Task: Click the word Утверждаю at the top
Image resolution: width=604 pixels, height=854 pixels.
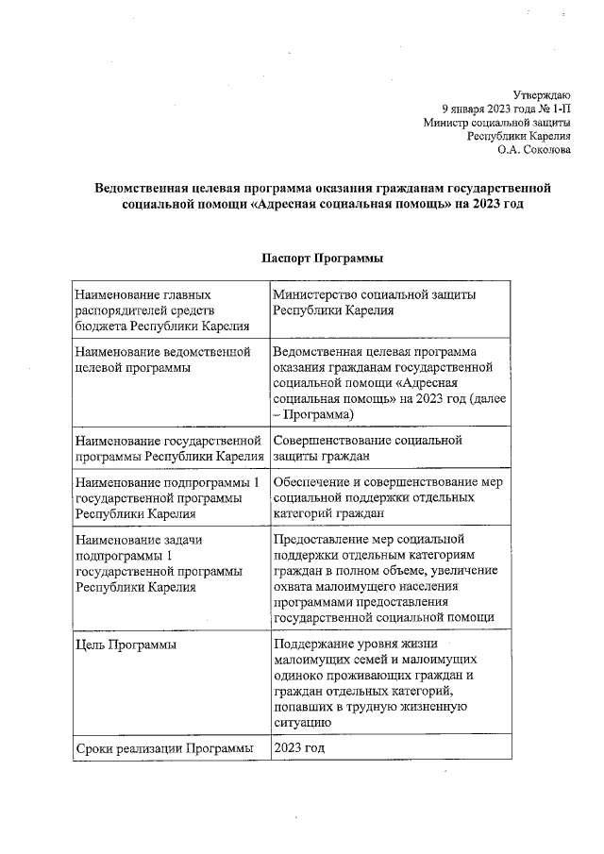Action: (x=541, y=94)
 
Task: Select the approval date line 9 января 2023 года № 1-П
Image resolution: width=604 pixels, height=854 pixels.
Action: (x=506, y=109)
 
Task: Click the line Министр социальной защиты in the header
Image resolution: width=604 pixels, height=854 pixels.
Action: (x=496, y=122)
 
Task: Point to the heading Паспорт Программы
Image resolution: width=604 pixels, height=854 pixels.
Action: (x=321, y=259)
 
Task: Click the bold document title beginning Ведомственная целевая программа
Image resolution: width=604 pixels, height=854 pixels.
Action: (x=321, y=195)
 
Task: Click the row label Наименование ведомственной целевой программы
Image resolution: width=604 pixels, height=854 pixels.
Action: (x=162, y=360)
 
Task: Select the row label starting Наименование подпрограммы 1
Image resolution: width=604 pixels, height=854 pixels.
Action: (x=166, y=497)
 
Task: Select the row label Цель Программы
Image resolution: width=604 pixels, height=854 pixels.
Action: (x=126, y=645)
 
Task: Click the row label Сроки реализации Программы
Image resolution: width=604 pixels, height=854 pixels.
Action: (x=164, y=748)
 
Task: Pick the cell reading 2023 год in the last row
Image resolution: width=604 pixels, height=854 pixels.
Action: (x=299, y=748)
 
